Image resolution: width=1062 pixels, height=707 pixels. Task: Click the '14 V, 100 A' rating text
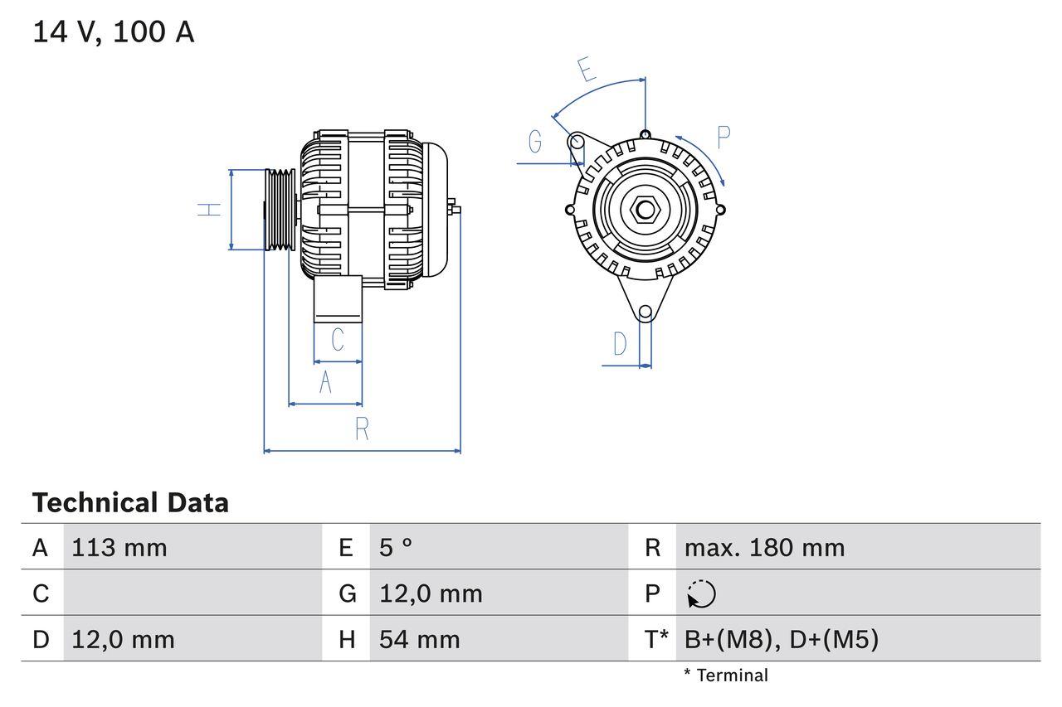114,32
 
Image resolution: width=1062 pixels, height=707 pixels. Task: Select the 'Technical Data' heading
130,502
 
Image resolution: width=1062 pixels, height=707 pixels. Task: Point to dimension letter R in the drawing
362,429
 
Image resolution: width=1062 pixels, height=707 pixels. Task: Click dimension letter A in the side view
326,382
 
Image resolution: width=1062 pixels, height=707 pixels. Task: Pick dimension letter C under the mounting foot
338,340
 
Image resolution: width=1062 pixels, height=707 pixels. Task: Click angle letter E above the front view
587,70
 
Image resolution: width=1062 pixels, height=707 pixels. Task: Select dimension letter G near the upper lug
535,143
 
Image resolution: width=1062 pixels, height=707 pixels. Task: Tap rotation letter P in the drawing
723,138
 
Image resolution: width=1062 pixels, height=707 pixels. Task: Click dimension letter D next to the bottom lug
620,343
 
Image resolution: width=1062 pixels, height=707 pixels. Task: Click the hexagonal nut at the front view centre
645,209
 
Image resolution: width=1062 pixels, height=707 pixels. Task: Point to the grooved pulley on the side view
280,209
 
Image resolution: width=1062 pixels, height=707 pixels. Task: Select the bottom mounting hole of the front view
645,312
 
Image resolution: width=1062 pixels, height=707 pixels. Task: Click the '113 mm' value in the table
119,547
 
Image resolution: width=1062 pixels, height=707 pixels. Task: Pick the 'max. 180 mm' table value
764,547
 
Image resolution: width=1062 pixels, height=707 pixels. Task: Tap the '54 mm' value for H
419,639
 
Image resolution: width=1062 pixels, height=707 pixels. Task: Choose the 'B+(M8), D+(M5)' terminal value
781,639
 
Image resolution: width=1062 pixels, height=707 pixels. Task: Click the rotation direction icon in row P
701,593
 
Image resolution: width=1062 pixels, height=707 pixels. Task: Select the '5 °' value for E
396,547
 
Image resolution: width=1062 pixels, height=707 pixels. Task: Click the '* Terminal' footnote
726,675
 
